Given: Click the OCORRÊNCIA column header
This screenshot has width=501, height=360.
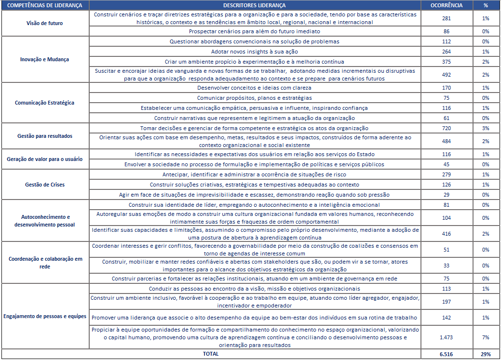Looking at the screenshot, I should (x=446, y=5).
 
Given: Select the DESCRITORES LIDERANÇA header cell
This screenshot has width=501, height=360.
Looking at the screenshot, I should (x=255, y=5).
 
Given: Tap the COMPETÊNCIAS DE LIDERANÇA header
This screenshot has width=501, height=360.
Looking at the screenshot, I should (x=45, y=5).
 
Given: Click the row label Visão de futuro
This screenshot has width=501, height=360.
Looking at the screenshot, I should (x=45, y=23).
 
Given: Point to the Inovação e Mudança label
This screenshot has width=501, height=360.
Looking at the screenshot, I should (x=45, y=59).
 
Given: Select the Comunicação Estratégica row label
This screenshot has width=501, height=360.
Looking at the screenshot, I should (x=45, y=103).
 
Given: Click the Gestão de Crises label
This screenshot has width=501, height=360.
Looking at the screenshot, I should (x=45, y=185).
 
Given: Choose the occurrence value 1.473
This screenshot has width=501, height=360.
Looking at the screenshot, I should (x=446, y=337).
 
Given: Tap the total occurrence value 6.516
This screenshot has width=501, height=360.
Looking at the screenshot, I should (x=446, y=354).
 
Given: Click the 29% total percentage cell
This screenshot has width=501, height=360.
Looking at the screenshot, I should (x=485, y=354).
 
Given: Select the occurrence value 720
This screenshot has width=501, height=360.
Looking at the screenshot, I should (x=446, y=128).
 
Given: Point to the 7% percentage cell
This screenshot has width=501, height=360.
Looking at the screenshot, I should (x=485, y=337).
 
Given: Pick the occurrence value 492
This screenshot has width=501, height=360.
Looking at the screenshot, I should (x=446, y=75).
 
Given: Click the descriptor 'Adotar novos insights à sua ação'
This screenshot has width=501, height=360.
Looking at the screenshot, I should (x=255, y=52).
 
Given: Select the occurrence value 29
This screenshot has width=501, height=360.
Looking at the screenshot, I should (x=446, y=195).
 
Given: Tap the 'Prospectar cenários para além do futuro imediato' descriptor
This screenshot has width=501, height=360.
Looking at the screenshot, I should (x=255, y=31).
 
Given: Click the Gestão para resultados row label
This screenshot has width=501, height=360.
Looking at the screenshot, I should (x=45, y=136).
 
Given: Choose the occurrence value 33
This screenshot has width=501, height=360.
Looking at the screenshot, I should (x=446, y=266).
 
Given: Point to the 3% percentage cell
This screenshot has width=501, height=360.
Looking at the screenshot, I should (x=485, y=128).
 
